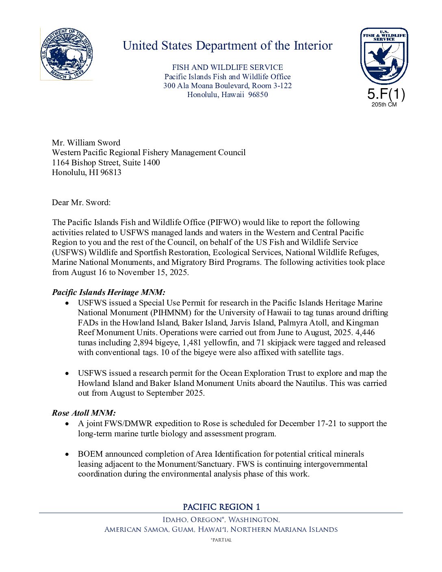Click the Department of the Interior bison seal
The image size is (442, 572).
point(67,54)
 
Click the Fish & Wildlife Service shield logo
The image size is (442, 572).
point(384,56)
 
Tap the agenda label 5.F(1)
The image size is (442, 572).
point(386,94)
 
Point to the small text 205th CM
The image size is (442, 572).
point(384,105)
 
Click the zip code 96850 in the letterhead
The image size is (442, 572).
point(258,95)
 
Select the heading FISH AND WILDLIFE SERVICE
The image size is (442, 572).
point(227,67)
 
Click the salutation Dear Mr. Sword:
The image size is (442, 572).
point(81,202)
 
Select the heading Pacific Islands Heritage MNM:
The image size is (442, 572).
point(108,292)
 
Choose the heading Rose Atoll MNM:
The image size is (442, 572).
point(84,413)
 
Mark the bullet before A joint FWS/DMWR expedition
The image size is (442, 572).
point(67,423)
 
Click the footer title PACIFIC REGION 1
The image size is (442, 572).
point(221,507)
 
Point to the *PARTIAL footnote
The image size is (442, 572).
point(221,540)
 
